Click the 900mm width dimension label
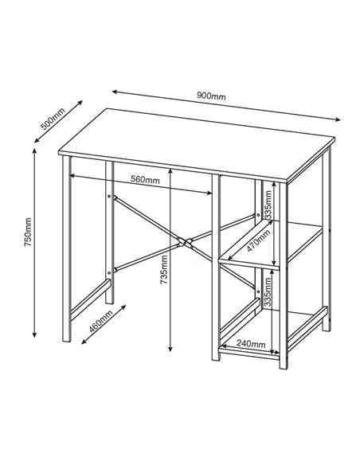[x=211, y=96]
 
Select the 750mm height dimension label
[x=26, y=230]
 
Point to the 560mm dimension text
[x=145, y=180]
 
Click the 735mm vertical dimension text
[x=163, y=270]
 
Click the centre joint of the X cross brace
[x=185, y=240]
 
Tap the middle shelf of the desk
[x=271, y=248]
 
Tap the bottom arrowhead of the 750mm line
[x=35, y=335]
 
